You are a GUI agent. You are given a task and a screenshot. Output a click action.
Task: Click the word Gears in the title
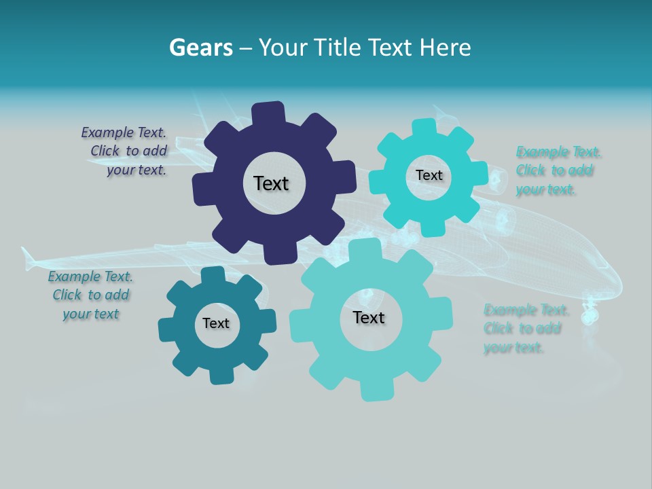tap(200, 48)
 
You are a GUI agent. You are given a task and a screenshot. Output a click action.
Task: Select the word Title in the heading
tap(340, 48)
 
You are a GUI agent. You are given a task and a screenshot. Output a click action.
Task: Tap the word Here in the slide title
tap(446, 48)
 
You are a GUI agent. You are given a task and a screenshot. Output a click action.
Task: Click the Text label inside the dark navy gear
tap(271, 183)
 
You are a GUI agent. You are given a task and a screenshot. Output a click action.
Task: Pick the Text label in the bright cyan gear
tap(429, 175)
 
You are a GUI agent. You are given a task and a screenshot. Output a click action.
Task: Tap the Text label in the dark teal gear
tap(216, 324)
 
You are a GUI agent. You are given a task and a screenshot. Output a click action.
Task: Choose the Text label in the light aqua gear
tap(369, 318)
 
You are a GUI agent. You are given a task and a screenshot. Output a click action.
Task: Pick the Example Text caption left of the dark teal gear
tap(90, 295)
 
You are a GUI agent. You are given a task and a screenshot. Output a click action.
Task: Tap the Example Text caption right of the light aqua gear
tap(525, 329)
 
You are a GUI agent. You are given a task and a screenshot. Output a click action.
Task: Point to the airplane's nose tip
tap(620, 285)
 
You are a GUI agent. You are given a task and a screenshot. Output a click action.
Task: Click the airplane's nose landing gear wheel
tap(591, 316)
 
